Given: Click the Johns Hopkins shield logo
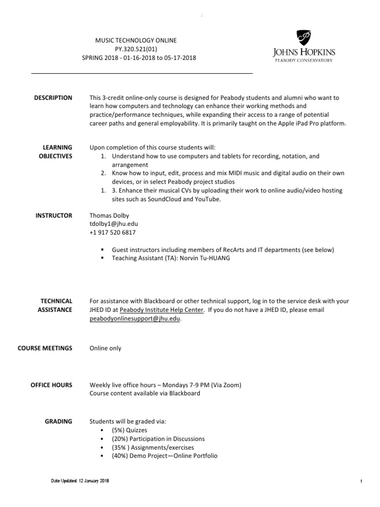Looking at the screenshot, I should click(304, 38).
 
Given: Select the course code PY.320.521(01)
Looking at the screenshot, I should click(139, 49).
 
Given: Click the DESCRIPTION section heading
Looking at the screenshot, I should click(53, 98).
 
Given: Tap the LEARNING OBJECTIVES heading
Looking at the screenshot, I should click(57, 152).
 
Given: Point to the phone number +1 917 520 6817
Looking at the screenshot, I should click(112, 232).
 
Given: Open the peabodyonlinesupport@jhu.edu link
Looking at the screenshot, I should click(135, 319).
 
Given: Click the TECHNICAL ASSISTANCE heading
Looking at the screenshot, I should click(56, 305).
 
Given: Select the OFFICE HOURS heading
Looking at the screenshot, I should click(51, 385).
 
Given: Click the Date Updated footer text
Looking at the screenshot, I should click(79, 481).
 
